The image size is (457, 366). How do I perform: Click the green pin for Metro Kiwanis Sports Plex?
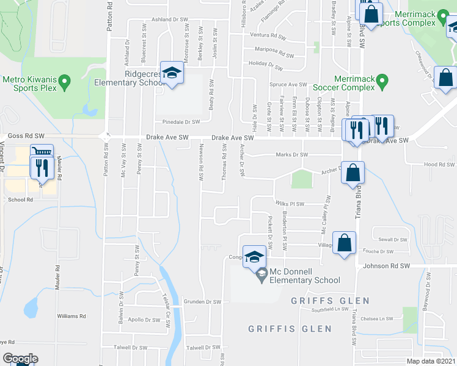click(x=66, y=80)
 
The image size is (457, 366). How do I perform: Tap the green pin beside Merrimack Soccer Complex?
click(x=382, y=80)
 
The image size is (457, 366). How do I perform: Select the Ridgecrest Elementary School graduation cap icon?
click(x=172, y=74)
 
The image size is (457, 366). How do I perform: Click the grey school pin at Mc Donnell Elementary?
click(x=261, y=273)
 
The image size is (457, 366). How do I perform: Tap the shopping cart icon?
click(x=42, y=152)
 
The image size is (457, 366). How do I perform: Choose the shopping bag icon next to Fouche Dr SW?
click(x=344, y=242)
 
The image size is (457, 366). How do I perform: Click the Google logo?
click(x=20, y=359)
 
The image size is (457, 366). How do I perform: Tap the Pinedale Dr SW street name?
click(x=181, y=122)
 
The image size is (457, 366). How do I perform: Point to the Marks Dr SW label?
click(x=291, y=155)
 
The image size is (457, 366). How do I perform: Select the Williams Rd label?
click(x=71, y=317)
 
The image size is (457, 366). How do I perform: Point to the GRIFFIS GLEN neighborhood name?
click(x=290, y=329)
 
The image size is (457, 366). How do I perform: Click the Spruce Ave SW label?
click(x=288, y=84)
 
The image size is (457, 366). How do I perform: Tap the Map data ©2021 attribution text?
click(x=430, y=361)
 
